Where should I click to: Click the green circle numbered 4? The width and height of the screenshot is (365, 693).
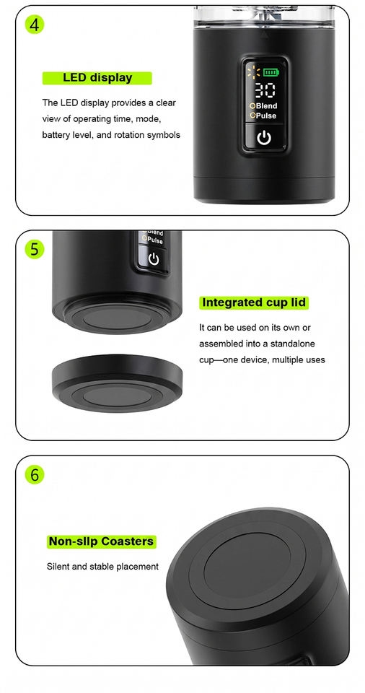click(x=35, y=25)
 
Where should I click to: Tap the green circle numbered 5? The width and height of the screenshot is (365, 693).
click(x=35, y=249)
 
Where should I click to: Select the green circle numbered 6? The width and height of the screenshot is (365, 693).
click(x=35, y=475)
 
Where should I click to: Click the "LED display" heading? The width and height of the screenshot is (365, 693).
click(x=97, y=78)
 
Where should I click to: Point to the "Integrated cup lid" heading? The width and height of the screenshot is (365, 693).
click(x=254, y=302)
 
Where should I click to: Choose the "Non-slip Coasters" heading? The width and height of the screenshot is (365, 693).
click(x=101, y=541)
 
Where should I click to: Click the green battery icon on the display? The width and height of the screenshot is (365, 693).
click(x=271, y=72)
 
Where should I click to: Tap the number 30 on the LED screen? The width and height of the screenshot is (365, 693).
click(x=265, y=90)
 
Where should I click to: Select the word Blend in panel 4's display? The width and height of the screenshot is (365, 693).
click(x=266, y=106)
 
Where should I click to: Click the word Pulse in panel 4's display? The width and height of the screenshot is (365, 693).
click(x=266, y=115)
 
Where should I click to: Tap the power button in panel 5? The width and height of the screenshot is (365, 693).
click(x=154, y=259)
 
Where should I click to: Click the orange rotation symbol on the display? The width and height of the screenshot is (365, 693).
click(x=254, y=71)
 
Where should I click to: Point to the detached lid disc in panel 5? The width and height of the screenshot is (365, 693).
click(x=117, y=383)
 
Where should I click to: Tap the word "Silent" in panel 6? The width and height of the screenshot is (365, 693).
click(x=58, y=566)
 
